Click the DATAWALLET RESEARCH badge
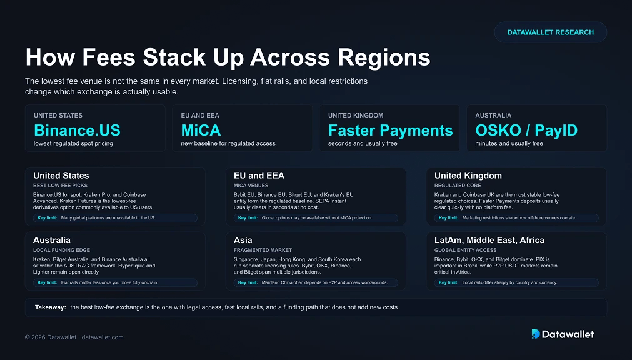(x=551, y=32)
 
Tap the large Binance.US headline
(x=77, y=130)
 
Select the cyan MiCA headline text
(x=201, y=130)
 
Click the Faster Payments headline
(x=391, y=130)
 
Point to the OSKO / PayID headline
(x=526, y=130)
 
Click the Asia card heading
(x=243, y=240)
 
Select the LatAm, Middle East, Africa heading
(x=489, y=240)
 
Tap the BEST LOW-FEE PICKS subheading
(x=60, y=186)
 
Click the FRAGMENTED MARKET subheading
(x=263, y=250)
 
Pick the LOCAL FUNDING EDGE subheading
(x=61, y=250)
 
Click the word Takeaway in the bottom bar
(x=51, y=307)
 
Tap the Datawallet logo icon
(x=536, y=334)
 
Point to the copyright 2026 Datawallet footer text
(x=74, y=337)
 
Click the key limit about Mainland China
(x=316, y=282)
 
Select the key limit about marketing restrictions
(x=516, y=218)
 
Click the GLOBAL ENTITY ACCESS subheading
(x=465, y=250)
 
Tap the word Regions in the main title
(x=384, y=57)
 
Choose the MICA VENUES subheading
(x=251, y=186)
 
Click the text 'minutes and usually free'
(x=509, y=143)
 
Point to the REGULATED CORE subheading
(x=458, y=186)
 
